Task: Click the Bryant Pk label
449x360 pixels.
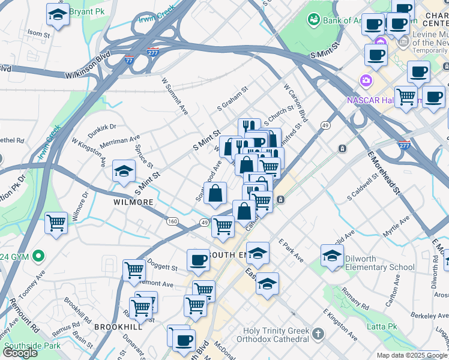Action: point(87,11)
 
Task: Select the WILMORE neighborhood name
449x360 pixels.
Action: point(133,202)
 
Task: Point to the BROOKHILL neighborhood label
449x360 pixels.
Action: point(118,327)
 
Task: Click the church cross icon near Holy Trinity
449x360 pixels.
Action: point(318,333)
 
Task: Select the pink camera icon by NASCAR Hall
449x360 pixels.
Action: point(365,80)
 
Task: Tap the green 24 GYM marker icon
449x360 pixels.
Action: point(40,257)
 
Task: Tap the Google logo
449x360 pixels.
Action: point(20,353)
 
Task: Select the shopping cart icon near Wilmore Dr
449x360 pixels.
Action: point(56,223)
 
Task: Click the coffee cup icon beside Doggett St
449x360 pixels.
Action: point(198,260)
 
